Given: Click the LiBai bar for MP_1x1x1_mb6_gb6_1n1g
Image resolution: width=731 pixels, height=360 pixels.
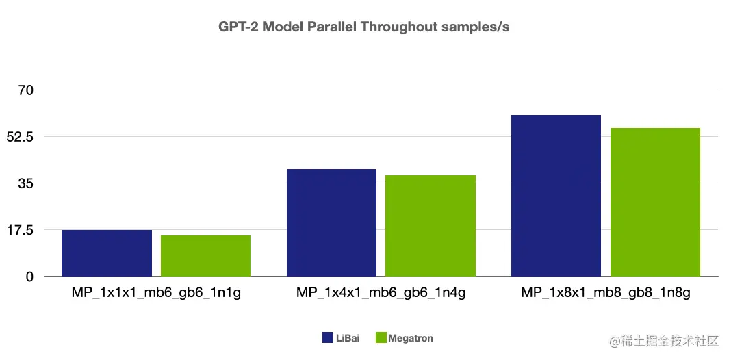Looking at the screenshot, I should [107, 253].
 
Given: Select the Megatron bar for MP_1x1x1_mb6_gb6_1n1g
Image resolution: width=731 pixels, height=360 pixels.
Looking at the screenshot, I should [205, 256].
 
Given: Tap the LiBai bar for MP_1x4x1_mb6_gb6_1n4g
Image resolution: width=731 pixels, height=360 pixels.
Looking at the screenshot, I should [331, 222].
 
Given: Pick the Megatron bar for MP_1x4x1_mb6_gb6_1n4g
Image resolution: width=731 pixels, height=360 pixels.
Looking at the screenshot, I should [431, 226].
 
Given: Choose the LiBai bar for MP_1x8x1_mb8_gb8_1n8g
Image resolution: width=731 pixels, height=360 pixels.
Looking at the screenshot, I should [556, 196].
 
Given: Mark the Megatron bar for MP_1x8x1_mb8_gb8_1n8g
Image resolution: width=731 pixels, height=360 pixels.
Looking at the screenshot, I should [655, 202].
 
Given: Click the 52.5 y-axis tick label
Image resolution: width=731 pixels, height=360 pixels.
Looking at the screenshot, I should [21, 137].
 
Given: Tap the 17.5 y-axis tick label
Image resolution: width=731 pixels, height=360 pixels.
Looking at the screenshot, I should [21, 230].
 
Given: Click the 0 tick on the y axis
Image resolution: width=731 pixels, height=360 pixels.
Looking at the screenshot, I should [29, 277].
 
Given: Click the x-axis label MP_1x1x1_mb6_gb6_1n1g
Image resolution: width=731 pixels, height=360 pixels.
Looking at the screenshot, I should [156, 294].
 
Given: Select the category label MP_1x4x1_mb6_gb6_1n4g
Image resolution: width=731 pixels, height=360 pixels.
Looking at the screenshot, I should [381, 294].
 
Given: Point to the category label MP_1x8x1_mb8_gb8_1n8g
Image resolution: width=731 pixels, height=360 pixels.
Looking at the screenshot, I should [605, 294].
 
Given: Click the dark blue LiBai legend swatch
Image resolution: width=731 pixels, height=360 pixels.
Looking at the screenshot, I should [327, 338].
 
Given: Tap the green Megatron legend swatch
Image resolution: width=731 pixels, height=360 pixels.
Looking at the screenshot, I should [381, 338].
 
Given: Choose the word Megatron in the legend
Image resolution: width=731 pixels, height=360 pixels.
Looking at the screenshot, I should [411, 338].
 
